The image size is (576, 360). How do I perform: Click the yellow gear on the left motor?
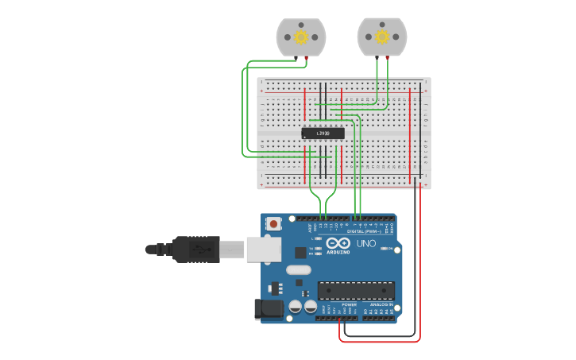click(x=301, y=37)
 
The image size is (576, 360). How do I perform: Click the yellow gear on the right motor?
click(x=382, y=37)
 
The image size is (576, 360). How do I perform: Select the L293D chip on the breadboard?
click(x=323, y=134)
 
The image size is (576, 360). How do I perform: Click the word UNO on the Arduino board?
click(x=366, y=243)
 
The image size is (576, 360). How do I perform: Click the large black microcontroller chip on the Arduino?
click(x=355, y=290)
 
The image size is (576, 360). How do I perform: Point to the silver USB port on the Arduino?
click(x=263, y=250)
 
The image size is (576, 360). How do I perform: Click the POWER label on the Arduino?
click(x=350, y=304)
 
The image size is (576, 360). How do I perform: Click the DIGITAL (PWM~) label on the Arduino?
click(x=366, y=231)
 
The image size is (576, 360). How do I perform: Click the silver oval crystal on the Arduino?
click(x=299, y=269)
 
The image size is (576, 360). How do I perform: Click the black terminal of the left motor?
click(x=297, y=59)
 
